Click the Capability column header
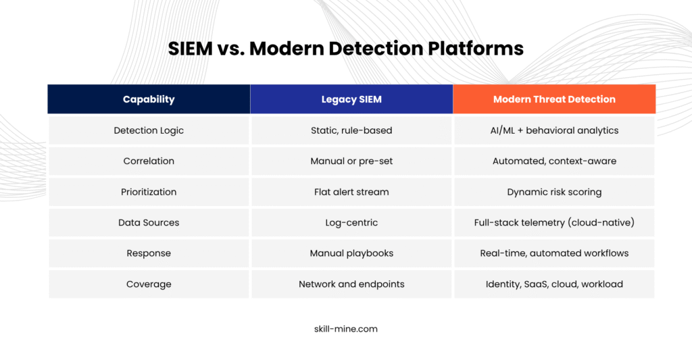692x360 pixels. [x=149, y=99]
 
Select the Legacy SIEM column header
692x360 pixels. [x=351, y=99]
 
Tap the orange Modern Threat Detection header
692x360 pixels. [x=554, y=99]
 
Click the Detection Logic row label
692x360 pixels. [x=149, y=130]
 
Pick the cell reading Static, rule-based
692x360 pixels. [x=351, y=130]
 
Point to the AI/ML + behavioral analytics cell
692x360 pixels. [x=554, y=130]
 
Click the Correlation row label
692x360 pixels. [x=149, y=161]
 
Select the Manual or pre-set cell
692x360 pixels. [x=351, y=161]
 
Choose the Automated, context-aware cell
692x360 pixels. [x=554, y=161]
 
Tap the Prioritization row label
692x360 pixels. [x=149, y=192]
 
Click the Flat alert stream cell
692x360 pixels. [x=351, y=192]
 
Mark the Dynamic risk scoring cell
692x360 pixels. [x=554, y=192]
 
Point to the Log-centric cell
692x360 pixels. [x=351, y=222]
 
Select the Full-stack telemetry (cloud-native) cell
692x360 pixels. [x=554, y=222]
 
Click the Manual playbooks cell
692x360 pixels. [x=351, y=253]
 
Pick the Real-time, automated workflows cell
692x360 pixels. [x=554, y=253]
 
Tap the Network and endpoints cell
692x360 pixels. [x=351, y=284]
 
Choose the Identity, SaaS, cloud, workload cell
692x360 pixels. [x=554, y=284]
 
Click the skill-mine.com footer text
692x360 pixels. [x=346, y=329]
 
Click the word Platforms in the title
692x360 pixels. [x=476, y=49]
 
